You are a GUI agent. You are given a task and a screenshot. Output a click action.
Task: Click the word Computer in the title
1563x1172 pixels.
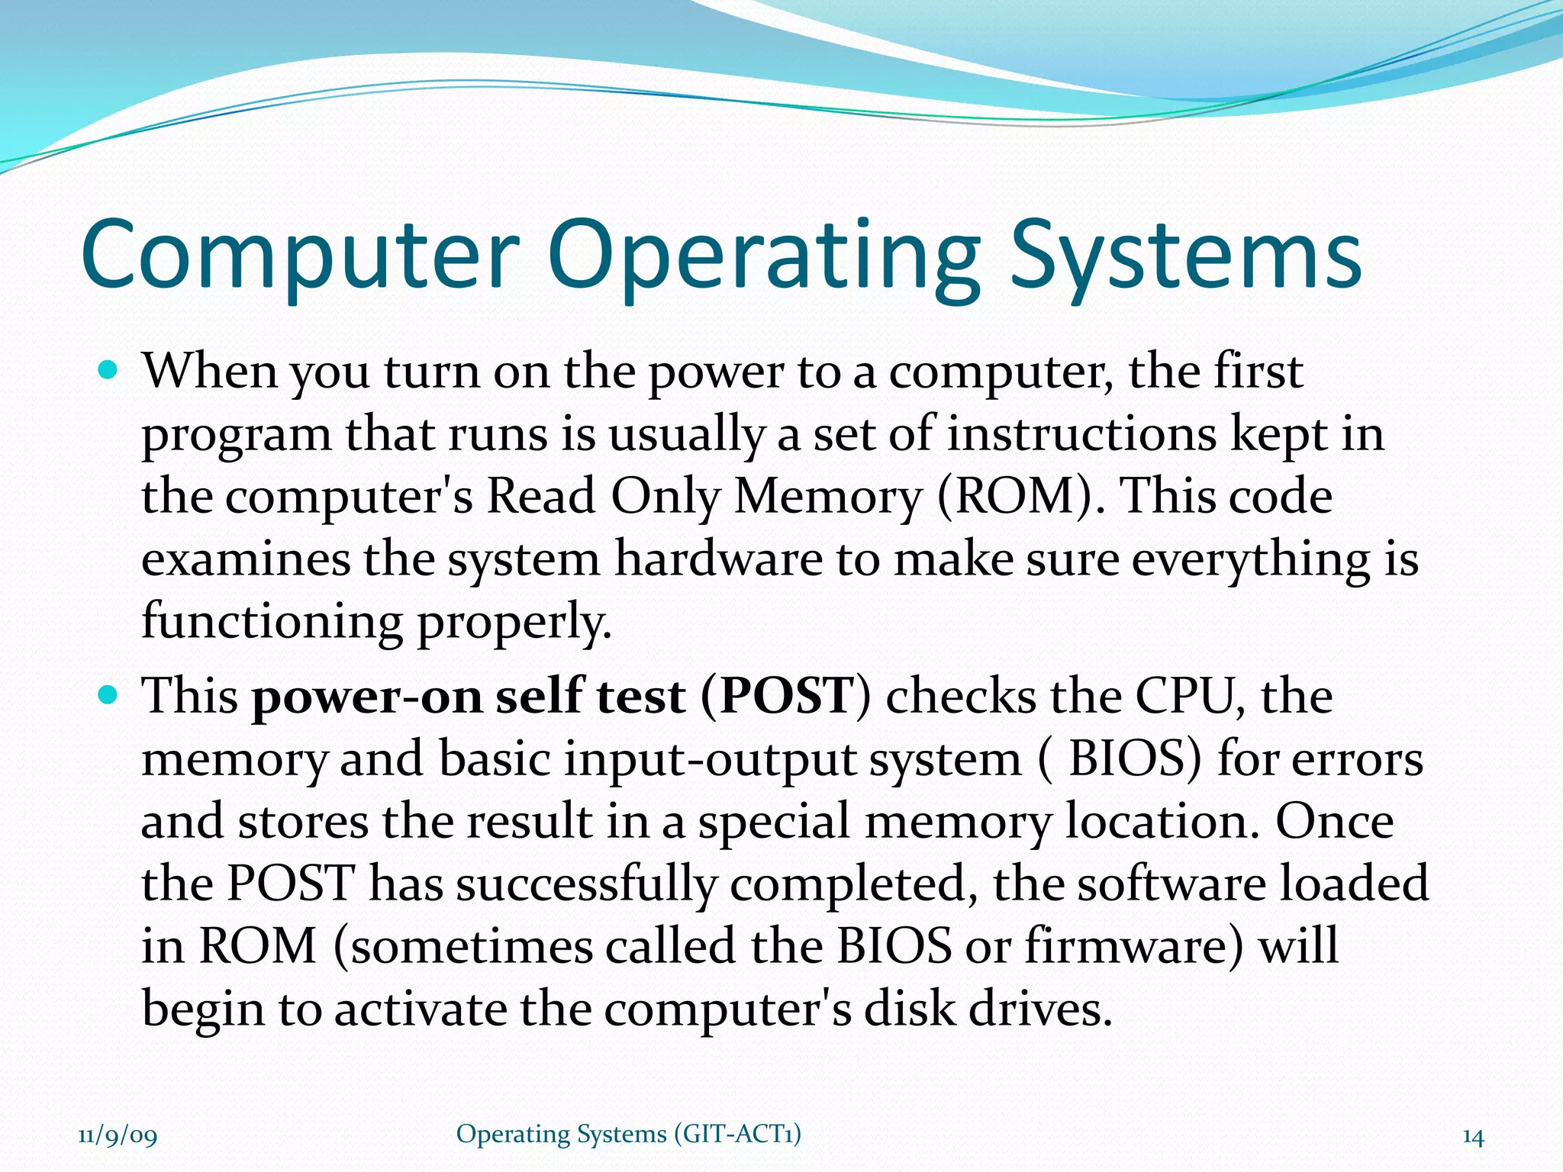tap(300, 254)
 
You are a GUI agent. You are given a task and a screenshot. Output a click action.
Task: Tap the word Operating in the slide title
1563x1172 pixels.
tap(763, 256)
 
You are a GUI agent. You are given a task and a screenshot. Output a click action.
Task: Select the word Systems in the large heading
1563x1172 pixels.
tap(1185, 256)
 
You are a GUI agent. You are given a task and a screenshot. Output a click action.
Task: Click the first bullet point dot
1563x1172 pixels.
tap(109, 372)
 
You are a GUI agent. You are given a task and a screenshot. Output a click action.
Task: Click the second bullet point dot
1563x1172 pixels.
tap(109, 696)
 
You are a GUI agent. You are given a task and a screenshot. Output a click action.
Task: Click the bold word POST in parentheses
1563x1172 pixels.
tap(785, 696)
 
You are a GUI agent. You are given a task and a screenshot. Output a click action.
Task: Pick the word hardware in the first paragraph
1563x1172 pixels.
tap(718, 559)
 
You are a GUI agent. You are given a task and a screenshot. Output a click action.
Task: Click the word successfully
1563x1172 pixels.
tap(586, 884)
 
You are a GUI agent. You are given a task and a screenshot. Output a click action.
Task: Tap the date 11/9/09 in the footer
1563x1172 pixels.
tap(118, 1135)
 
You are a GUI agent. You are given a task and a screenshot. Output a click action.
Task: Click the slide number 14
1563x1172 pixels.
tap(1473, 1137)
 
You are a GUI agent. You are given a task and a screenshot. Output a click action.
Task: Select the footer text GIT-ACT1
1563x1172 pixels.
tap(737, 1134)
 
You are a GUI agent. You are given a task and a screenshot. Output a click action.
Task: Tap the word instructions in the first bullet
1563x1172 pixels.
tap(1081, 434)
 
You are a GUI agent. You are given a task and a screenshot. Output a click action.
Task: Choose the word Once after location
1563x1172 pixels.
tap(1335, 822)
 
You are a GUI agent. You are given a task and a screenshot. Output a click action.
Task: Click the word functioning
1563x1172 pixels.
tap(272, 621)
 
